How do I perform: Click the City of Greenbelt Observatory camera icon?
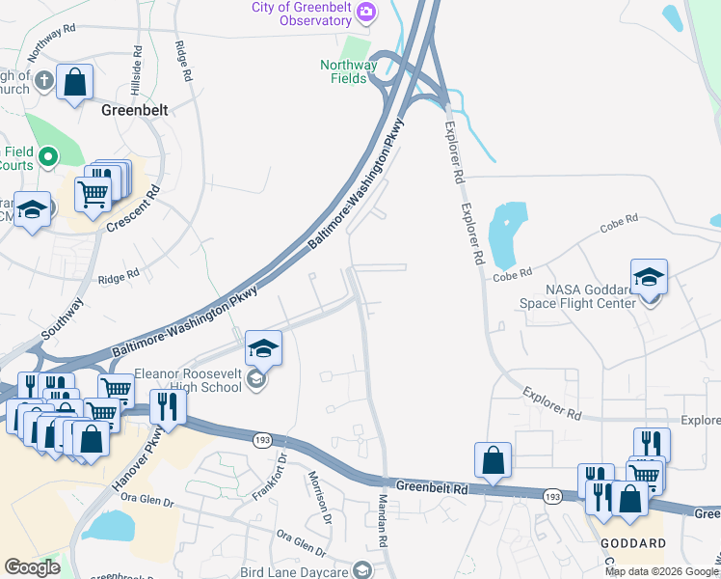click(x=365, y=13)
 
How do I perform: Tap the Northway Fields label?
click(x=348, y=71)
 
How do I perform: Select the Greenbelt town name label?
click(x=135, y=110)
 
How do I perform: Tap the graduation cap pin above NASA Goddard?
click(x=649, y=276)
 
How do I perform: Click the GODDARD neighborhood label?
click(x=632, y=543)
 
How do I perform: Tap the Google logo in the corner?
click(x=33, y=567)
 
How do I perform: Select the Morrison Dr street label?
click(x=319, y=497)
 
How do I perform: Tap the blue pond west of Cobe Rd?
click(x=507, y=235)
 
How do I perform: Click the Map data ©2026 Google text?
click(x=661, y=571)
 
